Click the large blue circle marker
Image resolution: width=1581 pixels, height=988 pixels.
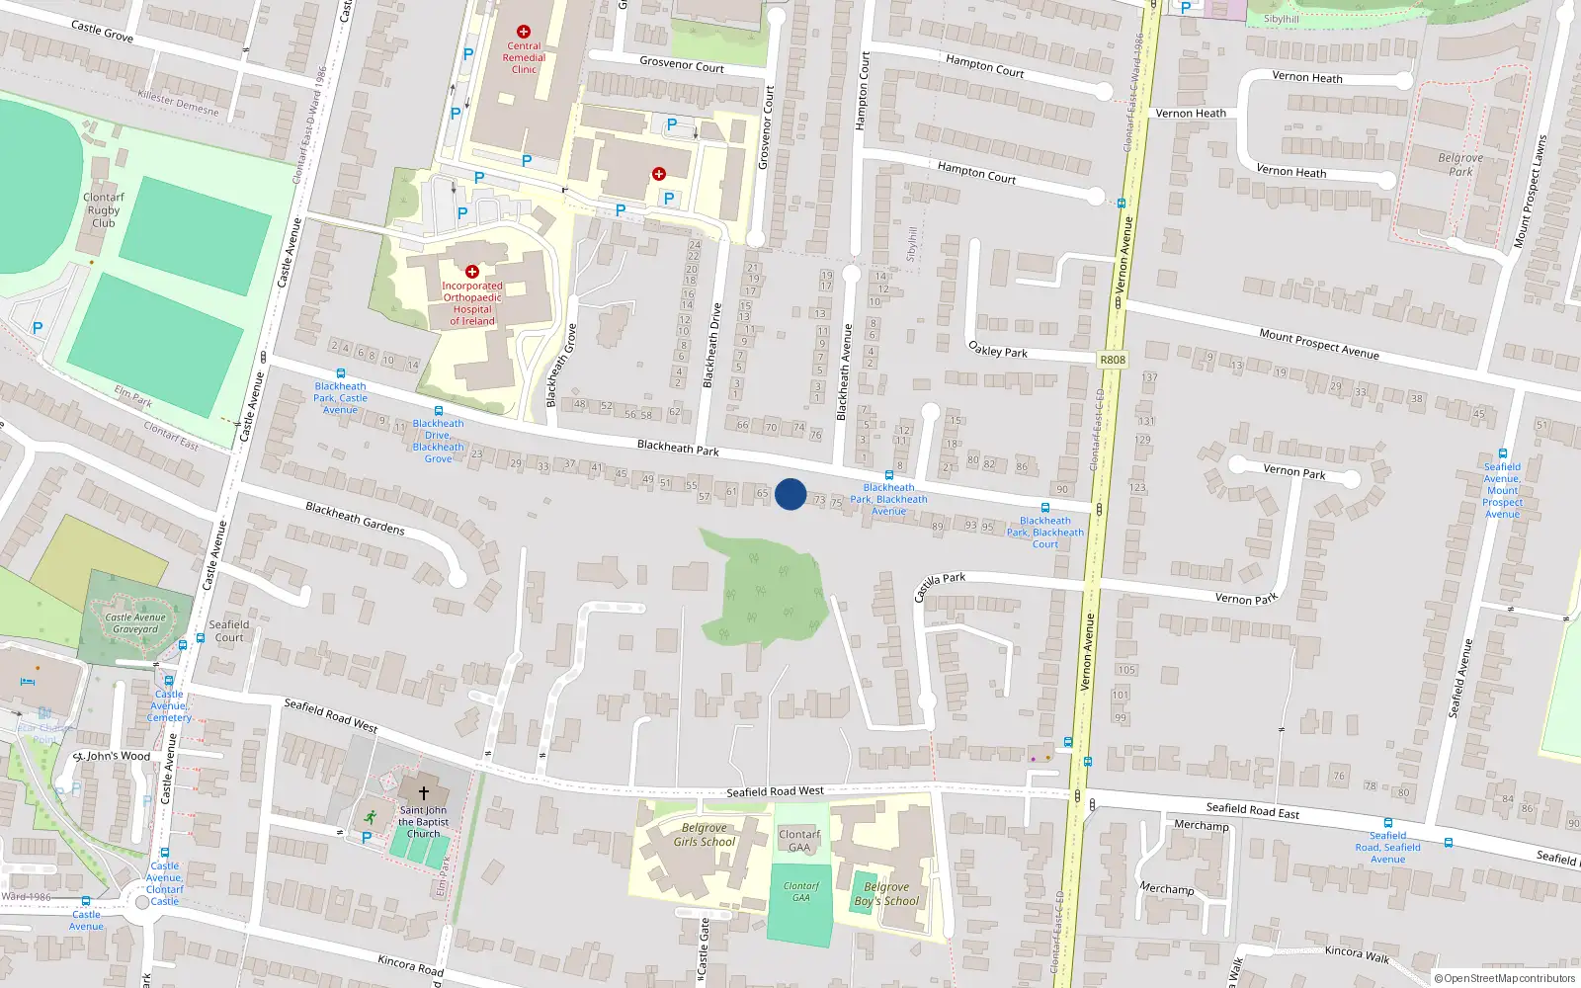[x=790, y=494]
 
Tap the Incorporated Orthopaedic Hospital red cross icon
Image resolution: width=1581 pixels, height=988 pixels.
[x=472, y=272]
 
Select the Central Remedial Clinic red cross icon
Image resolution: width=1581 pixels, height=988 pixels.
[x=524, y=32]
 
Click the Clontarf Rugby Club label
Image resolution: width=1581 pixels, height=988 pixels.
[x=104, y=210]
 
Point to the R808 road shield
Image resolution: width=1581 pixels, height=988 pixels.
[x=1113, y=360]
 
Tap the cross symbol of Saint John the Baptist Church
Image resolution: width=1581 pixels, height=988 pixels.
[x=424, y=793]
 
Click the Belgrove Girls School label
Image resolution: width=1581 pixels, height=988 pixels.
[x=705, y=835]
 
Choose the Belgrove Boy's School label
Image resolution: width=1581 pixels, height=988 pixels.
[x=886, y=894]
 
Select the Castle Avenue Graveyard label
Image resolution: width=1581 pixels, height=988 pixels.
[x=135, y=623]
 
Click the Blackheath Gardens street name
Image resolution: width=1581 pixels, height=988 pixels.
[x=355, y=518]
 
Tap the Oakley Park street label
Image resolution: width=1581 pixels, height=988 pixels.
[x=998, y=350]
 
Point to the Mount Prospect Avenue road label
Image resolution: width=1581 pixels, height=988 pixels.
[x=1318, y=344]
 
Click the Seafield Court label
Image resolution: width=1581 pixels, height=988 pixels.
[x=229, y=630]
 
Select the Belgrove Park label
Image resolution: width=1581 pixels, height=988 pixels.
[x=1460, y=164]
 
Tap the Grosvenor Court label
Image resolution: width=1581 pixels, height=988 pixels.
[x=682, y=65]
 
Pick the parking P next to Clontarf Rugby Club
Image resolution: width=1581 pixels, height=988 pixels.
[x=38, y=328]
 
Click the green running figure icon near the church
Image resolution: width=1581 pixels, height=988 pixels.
[x=370, y=817]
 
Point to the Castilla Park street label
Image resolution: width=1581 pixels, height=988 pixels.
[x=940, y=586]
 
